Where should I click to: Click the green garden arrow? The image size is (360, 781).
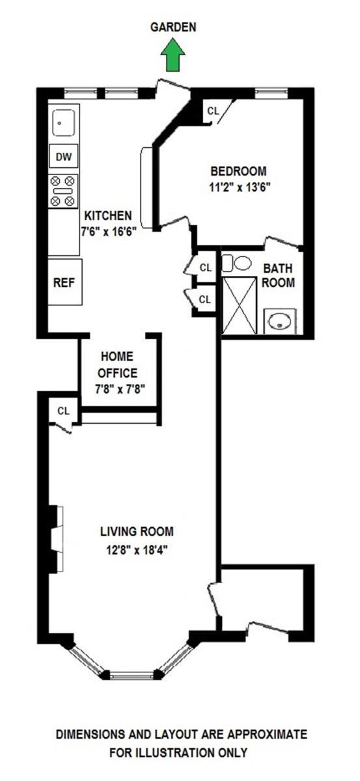(x=173, y=55)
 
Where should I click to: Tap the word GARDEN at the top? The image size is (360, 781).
(x=173, y=27)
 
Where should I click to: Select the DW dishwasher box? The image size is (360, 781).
(x=63, y=156)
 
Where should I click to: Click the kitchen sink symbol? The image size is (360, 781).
(x=63, y=122)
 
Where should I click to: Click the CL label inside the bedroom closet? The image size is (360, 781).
(x=213, y=111)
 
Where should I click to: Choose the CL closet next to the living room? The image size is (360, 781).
(x=63, y=411)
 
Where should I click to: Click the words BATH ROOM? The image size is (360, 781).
(x=279, y=275)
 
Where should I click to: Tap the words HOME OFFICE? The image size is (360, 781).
(x=118, y=364)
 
